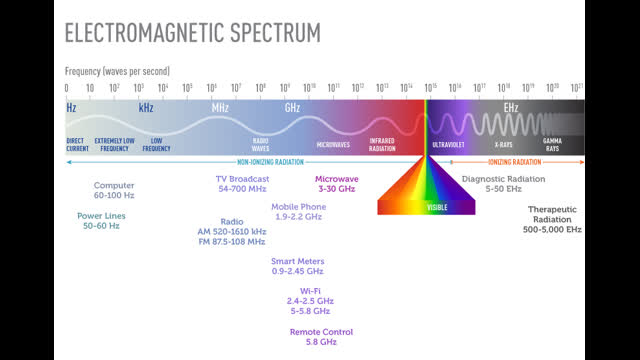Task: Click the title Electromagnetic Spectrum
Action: tap(193, 32)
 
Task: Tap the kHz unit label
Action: tap(146, 106)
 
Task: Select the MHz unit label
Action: tap(220, 106)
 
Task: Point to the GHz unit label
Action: tap(292, 106)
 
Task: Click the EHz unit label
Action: tap(511, 106)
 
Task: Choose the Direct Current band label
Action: tap(76, 144)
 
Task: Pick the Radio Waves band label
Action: tap(261, 144)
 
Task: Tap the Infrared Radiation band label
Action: tap(382, 144)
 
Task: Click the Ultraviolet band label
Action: tap(448, 144)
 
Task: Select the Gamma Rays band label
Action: tap(552, 144)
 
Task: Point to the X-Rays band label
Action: tap(503, 144)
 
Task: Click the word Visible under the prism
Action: tap(437, 207)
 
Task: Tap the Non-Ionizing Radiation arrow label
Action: tap(256, 161)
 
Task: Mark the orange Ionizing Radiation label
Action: tap(514, 161)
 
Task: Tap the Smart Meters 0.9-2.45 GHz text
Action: tap(298, 266)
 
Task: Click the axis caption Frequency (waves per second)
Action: tap(117, 71)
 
